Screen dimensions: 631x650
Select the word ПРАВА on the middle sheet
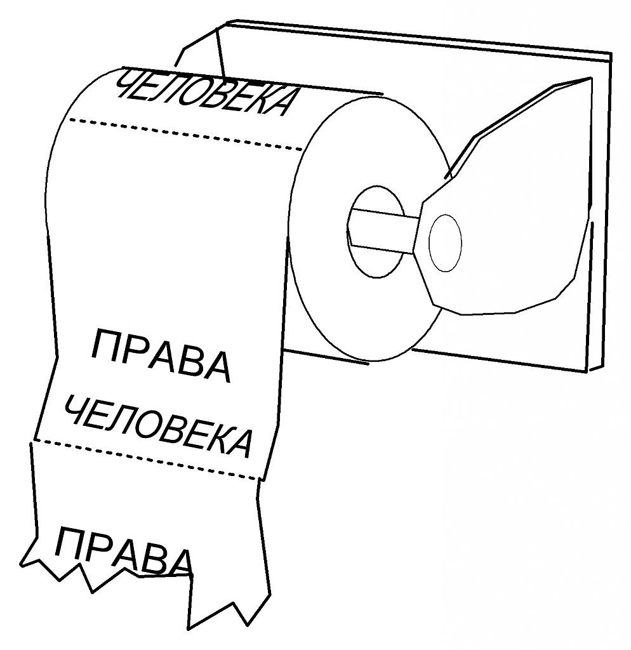click(160, 355)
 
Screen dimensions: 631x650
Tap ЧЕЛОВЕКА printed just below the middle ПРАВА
click(158, 426)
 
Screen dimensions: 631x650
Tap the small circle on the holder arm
click(445, 243)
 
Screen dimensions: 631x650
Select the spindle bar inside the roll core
click(382, 230)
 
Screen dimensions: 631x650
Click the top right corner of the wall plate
click(611, 54)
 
